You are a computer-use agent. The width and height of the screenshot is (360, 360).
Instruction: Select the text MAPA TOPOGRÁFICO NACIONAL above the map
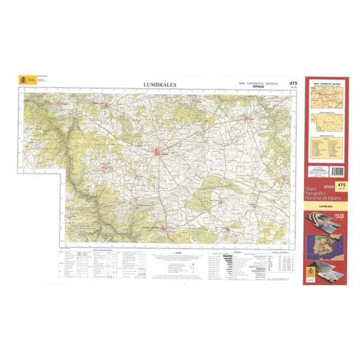258,83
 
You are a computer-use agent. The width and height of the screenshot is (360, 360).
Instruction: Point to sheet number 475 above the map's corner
293,83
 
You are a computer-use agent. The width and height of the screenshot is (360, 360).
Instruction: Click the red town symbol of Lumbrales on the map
158,152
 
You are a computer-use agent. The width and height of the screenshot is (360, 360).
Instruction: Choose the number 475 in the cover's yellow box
341,186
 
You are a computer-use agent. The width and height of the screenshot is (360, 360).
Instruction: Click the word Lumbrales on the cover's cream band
325,206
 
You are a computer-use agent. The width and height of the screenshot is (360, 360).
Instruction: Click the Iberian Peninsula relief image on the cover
325,246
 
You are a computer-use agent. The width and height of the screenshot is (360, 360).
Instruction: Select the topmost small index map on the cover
325,98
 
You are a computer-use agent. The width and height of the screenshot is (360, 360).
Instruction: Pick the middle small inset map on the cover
325,121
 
